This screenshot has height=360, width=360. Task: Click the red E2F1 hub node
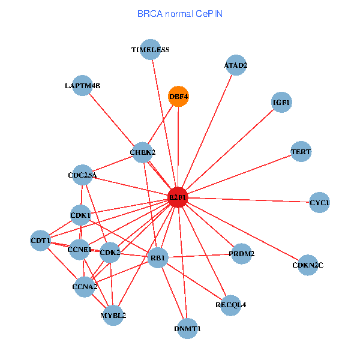[178, 197]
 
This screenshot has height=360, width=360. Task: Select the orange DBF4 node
[178, 96]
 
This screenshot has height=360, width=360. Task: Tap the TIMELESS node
[150, 50]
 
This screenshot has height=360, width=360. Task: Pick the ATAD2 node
[236, 65]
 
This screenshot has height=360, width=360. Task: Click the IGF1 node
[281, 103]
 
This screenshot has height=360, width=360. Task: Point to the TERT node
[301, 152]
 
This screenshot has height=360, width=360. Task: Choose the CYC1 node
[319, 203]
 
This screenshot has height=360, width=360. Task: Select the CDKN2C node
[308, 265]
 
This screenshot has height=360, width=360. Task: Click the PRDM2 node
[241, 254]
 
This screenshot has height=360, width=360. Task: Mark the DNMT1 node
[188, 328]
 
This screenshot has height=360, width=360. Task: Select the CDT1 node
[40, 241]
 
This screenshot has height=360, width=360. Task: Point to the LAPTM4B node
[82, 86]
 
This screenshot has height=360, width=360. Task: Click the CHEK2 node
[142, 152]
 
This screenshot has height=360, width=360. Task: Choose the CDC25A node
[82, 175]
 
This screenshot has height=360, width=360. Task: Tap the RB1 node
[158, 258]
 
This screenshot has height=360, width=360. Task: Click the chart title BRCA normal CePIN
[180, 13]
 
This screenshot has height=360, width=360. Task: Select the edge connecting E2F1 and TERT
[240, 174]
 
